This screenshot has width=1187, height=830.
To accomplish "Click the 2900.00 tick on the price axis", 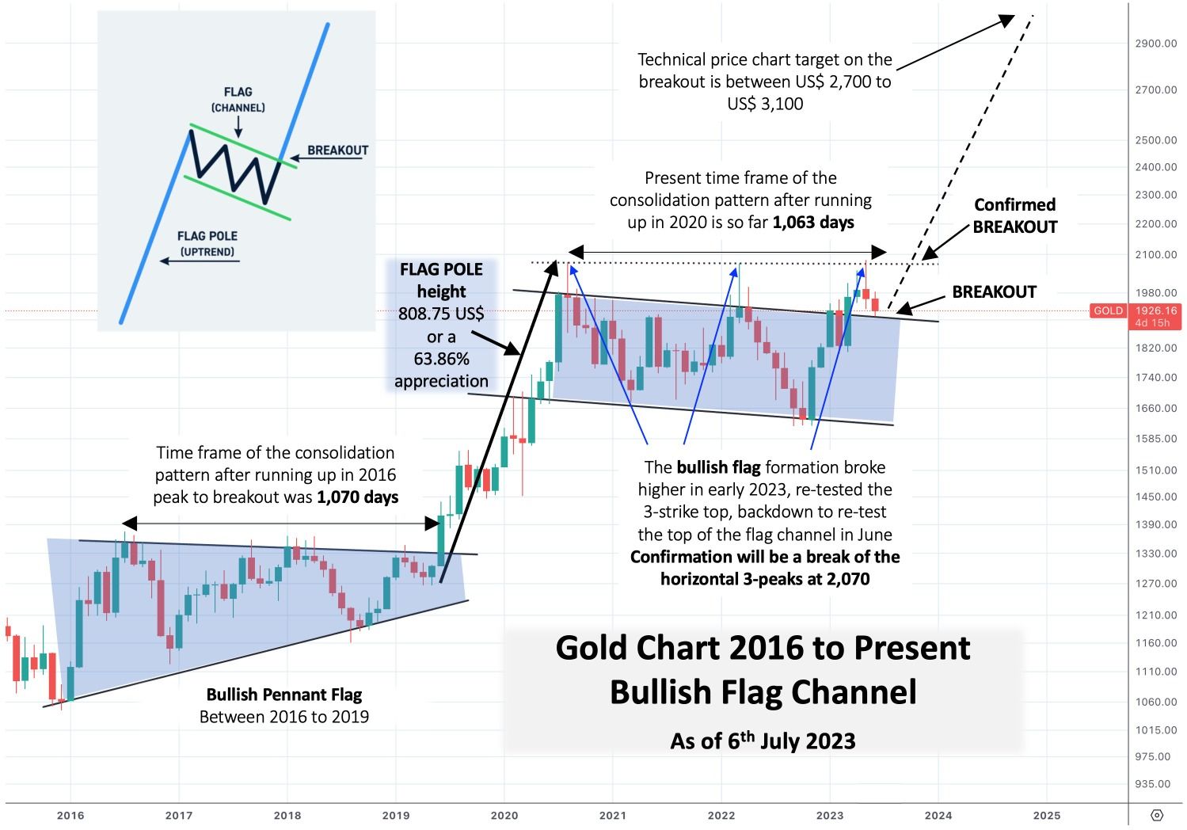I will [1155, 44].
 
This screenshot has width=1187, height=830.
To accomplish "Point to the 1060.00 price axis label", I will [1155, 702].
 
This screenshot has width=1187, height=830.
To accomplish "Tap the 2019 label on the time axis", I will [396, 815].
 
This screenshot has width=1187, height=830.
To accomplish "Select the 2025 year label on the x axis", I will [1047, 815].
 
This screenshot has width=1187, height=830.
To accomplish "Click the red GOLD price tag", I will [1108, 310].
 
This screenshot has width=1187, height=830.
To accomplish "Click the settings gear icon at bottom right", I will [1157, 815].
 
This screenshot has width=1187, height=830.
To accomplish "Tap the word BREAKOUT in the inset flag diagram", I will [338, 150].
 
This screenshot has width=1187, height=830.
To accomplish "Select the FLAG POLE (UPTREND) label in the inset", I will [207, 243].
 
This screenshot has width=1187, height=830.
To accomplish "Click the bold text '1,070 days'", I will [357, 497].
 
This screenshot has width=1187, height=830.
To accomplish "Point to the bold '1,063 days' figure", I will [813, 223].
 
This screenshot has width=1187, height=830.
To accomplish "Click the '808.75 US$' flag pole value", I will [441, 314].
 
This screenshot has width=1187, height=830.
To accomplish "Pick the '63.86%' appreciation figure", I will [441, 359].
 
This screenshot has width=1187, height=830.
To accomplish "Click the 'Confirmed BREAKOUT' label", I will [1015, 215].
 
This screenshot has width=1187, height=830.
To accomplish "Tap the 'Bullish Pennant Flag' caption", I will [283, 695].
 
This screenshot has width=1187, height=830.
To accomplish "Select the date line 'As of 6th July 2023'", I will [763, 741].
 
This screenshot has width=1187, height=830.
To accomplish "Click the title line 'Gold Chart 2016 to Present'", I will [763, 648].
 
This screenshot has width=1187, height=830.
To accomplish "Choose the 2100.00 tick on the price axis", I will [1155, 255].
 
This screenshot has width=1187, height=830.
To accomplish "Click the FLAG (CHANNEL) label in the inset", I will [238, 99].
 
